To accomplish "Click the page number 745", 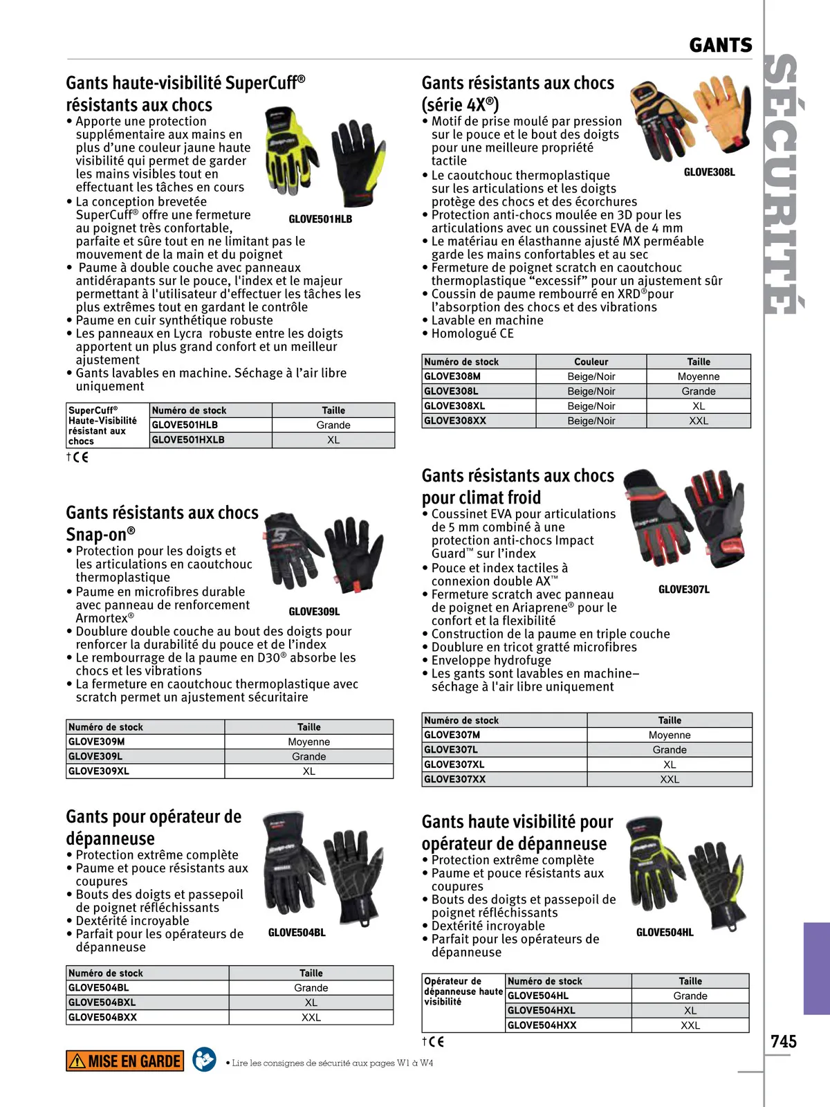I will (x=784, y=1041).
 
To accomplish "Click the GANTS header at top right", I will (x=721, y=46).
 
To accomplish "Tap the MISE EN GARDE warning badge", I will (x=125, y=1061).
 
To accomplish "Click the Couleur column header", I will (x=591, y=362).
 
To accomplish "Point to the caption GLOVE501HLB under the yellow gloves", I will (x=320, y=219).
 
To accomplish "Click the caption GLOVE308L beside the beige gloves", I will (x=709, y=172).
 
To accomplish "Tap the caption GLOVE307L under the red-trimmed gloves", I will (x=683, y=589).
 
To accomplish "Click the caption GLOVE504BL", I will (x=297, y=933).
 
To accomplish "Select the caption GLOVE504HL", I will (x=664, y=933).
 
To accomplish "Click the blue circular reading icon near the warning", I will (x=204, y=1059).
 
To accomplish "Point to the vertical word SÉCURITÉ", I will (x=784, y=184).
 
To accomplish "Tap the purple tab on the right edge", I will (x=816, y=968).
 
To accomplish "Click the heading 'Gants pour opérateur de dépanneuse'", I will (x=154, y=827).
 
